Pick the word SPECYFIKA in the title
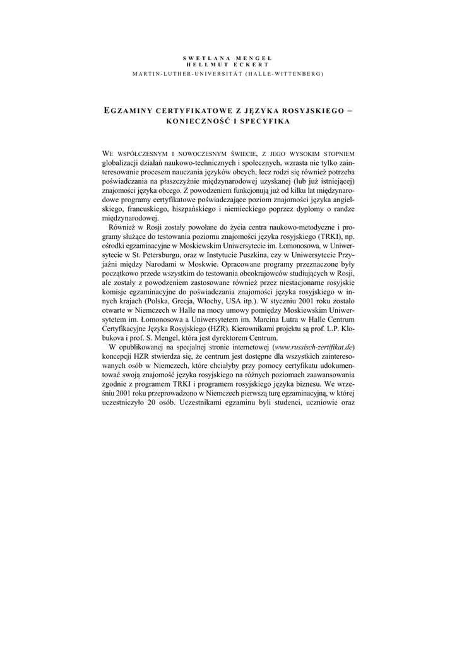(264, 121)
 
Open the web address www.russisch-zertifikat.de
(313, 347)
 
